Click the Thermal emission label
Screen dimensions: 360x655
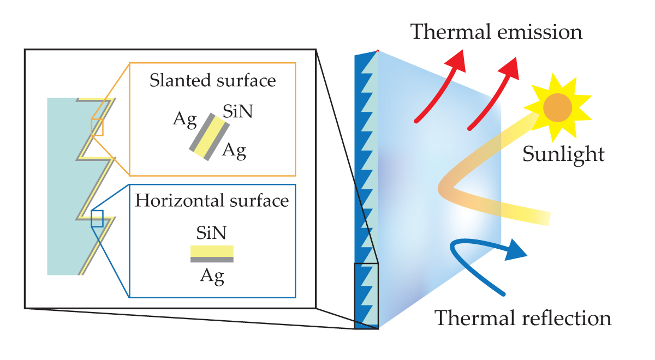[x=496, y=32]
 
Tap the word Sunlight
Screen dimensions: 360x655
[x=563, y=154]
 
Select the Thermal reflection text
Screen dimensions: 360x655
[x=522, y=317]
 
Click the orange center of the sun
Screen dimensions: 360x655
[x=557, y=107]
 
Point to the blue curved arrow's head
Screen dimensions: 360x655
[x=515, y=251]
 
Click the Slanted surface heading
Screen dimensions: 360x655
[x=212, y=81]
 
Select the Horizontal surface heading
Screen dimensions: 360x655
[x=212, y=201]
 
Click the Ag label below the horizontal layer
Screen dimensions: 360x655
[x=212, y=277]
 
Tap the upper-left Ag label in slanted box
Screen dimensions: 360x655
[x=184, y=121]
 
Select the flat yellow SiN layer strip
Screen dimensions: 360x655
[x=212, y=251]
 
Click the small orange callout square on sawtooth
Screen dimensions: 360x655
[x=97, y=127]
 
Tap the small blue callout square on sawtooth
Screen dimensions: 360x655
[x=97, y=218]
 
